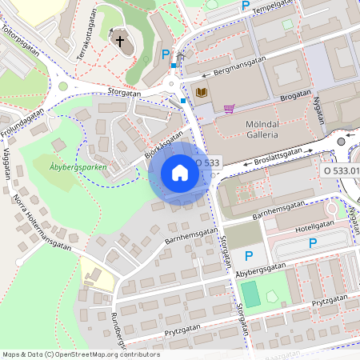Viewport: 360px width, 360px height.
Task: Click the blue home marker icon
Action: [179, 173]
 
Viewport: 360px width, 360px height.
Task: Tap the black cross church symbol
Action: [120, 41]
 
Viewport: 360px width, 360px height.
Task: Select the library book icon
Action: [201, 93]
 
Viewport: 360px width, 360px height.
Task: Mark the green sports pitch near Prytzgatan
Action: [251, 294]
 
